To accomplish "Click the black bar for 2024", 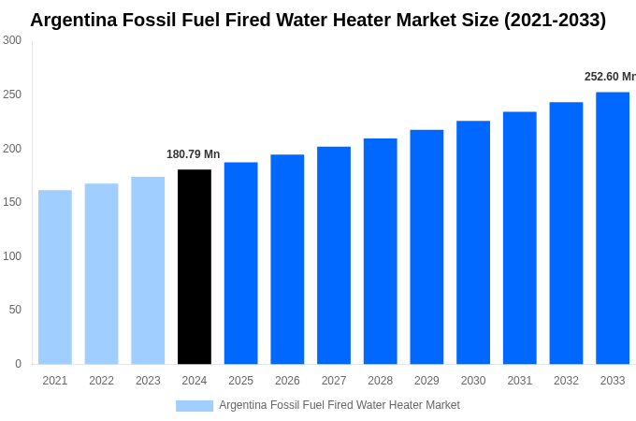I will [195, 267].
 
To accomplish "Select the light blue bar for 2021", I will [55, 277].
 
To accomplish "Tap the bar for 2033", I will [613, 228].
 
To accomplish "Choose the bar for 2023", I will [148, 270].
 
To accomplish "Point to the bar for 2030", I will [473, 242].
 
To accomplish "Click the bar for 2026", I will [287, 259].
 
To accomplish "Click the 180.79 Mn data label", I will [193, 154].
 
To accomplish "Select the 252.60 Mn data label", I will [610, 77].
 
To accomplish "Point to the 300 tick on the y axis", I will [12, 40].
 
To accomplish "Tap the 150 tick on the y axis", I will [12, 202].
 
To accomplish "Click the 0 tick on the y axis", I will [18, 364].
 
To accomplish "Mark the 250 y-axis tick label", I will [12, 94].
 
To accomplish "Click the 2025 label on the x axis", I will [240, 381].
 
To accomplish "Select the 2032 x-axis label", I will [566, 381].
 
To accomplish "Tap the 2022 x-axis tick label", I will [101, 381].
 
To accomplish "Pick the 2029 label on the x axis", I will [426, 381].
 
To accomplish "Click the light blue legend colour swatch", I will [195, 405].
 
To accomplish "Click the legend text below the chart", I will [340, 405].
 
